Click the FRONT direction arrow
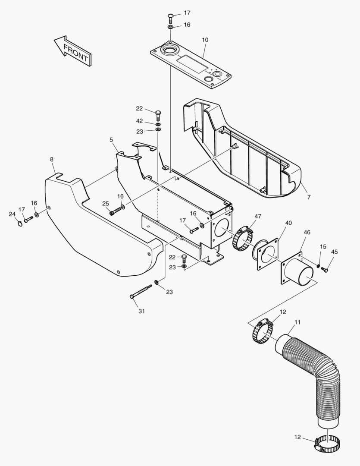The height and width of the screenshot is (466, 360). click(x=72, y=51)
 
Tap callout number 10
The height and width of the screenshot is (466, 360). click(x=205, y=40)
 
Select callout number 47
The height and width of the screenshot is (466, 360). click(x=258, y=216)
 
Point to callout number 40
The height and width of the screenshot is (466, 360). click(x=288, y=223)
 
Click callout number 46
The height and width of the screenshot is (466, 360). click(x=307, y=232)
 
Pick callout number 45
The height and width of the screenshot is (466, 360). click(x=335, y=252)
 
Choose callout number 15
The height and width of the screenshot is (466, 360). click(x=323, y=246)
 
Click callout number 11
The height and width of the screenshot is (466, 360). click(x=298, y=322)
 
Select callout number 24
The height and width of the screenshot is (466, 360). click(x=12, y=214)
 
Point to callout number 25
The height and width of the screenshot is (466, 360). click(x=105, y=203)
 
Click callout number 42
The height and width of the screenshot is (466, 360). click(x=139, y=121)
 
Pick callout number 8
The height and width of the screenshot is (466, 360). click(x=52, y=159)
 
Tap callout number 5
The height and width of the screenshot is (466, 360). click(x=111, y=140)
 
